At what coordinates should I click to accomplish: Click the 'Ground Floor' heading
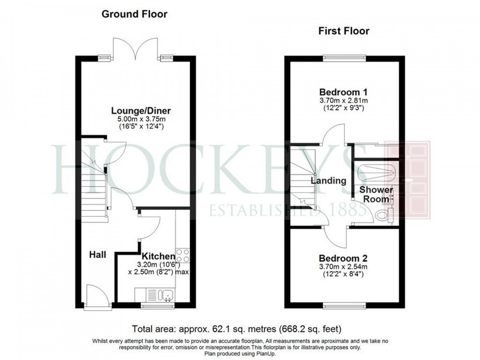(134, 14)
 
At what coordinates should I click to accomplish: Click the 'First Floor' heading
(344, 31)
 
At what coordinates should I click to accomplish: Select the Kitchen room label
(158, 256)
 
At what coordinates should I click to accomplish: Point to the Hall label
(98, 254)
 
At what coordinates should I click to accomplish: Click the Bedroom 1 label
(343, 92)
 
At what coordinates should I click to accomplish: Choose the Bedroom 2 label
(343, 258)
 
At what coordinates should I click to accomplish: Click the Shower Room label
(376, 195)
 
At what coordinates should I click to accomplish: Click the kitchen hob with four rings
(183, 255)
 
